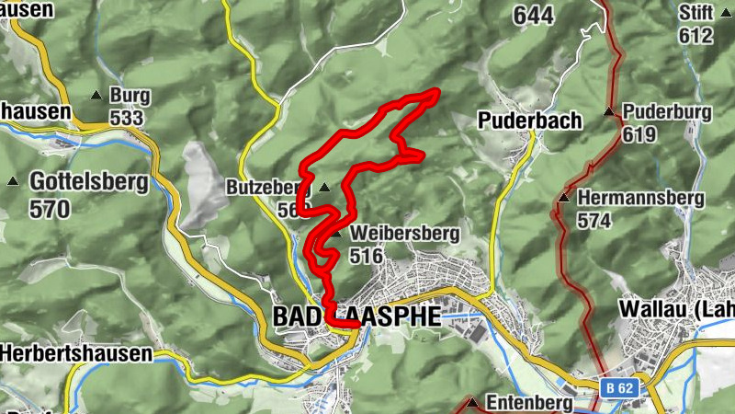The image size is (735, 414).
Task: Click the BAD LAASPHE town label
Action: (x=357, y=316)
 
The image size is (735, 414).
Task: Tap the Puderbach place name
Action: (x=529, y=121)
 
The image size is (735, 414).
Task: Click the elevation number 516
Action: (x=366, y=256)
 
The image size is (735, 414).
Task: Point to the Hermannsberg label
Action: (x=640, y=198)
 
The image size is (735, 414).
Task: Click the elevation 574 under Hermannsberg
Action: (x=594, y=221)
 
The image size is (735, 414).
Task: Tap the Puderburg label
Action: (x=667, y=112)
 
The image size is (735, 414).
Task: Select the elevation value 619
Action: (x=639, y=134)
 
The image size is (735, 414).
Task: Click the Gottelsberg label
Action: (x=88, y=181)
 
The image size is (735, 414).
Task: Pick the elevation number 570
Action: (x=50, y=209)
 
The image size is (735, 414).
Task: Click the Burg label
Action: (x=128, y=95)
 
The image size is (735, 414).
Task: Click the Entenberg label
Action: (x=528, y=403)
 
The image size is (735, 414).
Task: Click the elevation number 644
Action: (x=534, y=15)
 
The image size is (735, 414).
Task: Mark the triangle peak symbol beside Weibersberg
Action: (x=338, y=234)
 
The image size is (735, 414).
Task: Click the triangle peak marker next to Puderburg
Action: (x=609, y=112)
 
